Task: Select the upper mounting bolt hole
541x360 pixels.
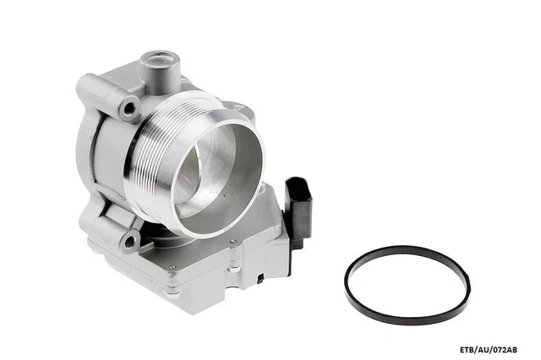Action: point(129,109)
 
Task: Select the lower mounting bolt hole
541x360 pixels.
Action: point(129,242)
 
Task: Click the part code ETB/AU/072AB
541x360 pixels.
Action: point(489,350)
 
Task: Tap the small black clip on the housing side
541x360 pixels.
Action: point(260,278)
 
